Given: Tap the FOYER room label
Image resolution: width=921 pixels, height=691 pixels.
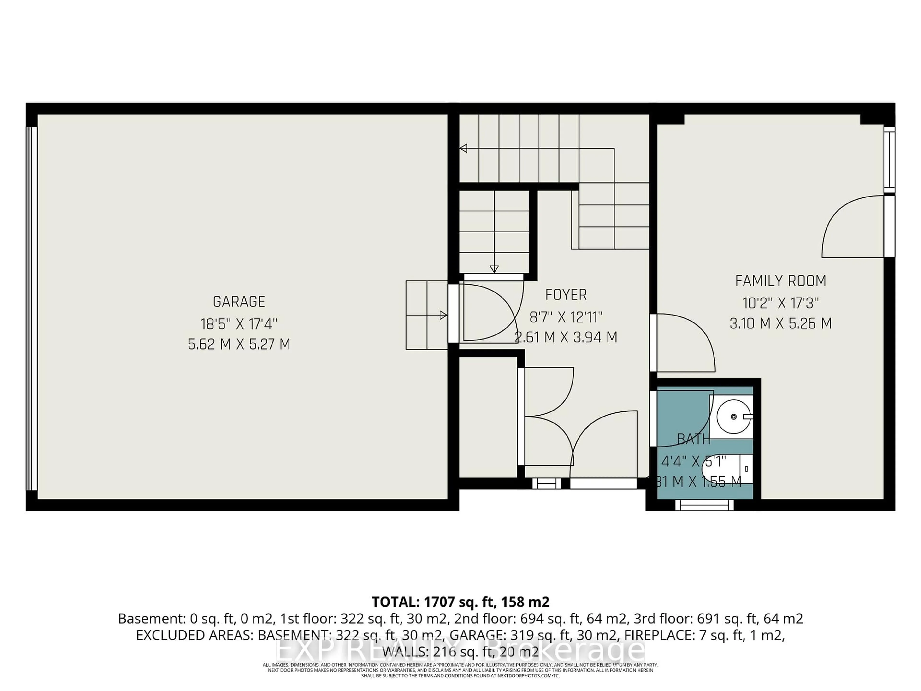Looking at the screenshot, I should tap(566, 295).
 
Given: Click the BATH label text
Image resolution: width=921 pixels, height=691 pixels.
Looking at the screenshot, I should tap(693, 439).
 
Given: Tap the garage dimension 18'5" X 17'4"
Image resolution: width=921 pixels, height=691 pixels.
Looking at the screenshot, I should tap(239, 323).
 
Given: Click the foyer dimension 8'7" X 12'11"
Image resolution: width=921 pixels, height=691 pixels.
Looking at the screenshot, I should tap(566, 317).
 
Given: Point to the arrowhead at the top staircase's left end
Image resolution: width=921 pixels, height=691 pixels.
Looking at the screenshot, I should tap(463, 148).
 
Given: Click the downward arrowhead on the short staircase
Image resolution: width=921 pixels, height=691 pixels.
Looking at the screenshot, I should tap(494, 269).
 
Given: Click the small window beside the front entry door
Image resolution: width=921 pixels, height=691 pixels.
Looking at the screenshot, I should tap(547, 483).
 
